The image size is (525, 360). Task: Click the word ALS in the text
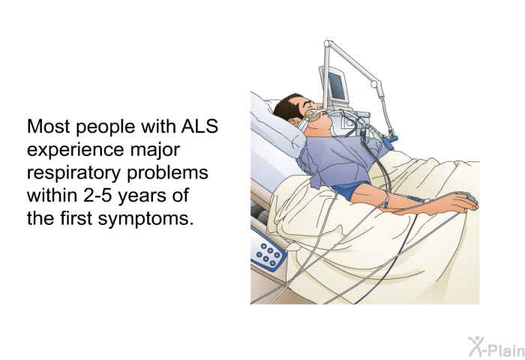(x=199, y=126)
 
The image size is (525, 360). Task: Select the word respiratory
(x=77, y=173)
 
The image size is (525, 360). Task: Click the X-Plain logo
(x=496, y=347)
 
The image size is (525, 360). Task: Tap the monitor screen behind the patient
(x=337, y=86)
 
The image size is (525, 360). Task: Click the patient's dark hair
(x=289, y=106)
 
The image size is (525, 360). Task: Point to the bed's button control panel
(x=268, y=254)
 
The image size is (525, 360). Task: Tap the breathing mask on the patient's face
(x=316, y=115)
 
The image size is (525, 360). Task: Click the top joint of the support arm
(x=328, y=43)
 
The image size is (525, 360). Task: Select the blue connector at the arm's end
(x=388, y=141)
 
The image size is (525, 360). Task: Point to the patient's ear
(x=294, y=121)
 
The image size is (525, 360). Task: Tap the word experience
(x=76, y=150)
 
